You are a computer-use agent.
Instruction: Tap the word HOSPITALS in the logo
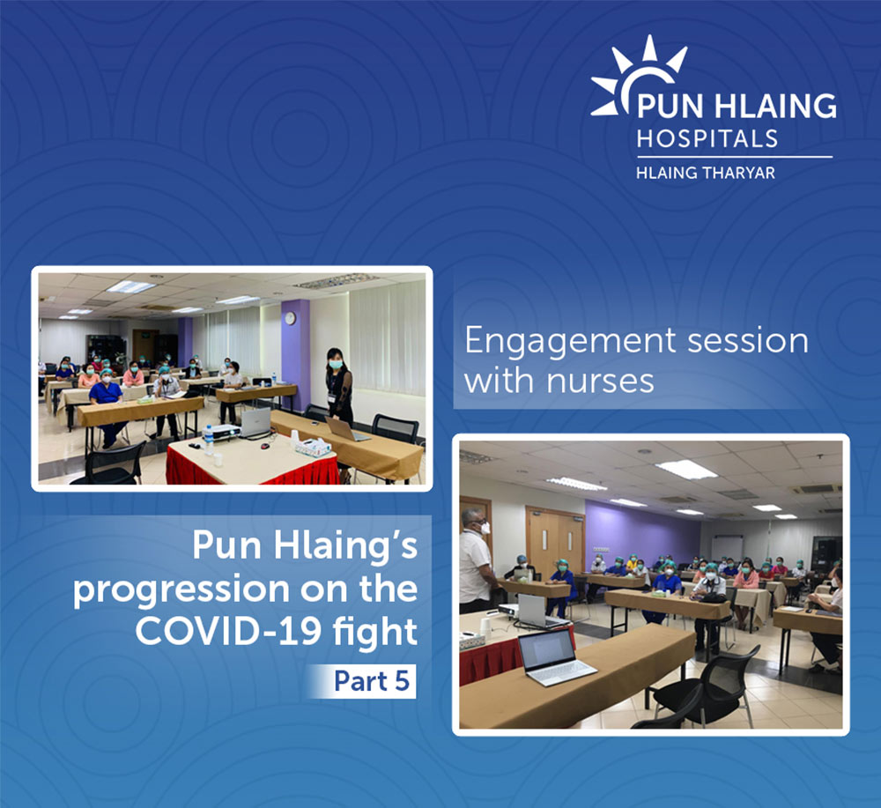tap(707, 138)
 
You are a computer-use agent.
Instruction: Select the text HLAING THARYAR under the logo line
tap(706, 173)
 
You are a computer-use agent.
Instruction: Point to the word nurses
tap(600, 382)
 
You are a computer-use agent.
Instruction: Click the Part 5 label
tap(372, 681)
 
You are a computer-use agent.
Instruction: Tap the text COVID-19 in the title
tap(228, 632)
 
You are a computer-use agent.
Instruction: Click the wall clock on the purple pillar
tap(290, 319)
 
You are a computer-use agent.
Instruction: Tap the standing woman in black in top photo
tap(339, 388)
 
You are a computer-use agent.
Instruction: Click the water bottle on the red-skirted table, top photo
tap(209, 438)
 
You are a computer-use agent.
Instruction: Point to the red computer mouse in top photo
tap(265, 446)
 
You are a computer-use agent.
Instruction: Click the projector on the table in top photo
tap(221, 432)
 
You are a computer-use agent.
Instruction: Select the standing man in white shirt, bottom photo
tap(475, 560)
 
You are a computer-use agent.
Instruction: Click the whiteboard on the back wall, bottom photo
tap(728, 547)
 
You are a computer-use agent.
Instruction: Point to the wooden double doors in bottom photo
tap(555, 540)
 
